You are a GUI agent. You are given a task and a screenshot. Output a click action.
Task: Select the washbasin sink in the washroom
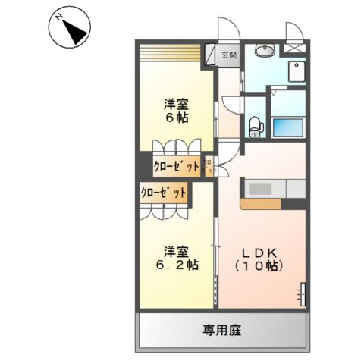[x=265, y=52]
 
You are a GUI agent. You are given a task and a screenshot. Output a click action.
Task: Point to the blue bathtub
[x=288, y=127]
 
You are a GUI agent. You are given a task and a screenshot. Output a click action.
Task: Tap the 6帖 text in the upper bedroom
[x=177, y=118]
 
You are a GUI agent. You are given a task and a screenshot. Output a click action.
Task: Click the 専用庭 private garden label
[x=222, y=331]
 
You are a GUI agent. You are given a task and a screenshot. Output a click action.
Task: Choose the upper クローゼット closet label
[x=177, y=166]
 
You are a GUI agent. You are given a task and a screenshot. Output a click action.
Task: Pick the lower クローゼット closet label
[x=163, y=193]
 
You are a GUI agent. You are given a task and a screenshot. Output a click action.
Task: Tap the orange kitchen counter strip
[x=262, y=204]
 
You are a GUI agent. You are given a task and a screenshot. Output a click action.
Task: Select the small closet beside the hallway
[x=211, y=166]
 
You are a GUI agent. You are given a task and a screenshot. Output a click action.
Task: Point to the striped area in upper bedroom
[x=170, y=55]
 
